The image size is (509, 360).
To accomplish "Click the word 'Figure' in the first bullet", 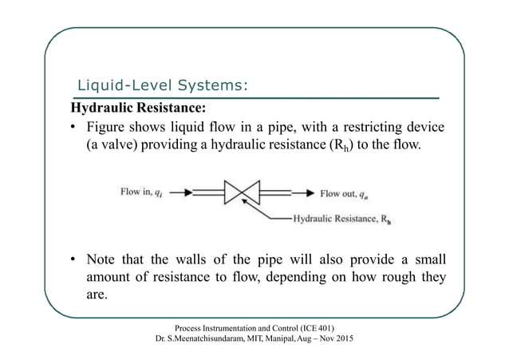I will point(108,129).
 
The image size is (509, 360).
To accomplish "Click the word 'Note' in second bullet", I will point(103,259).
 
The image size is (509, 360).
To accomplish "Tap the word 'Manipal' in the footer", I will point(291,340).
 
